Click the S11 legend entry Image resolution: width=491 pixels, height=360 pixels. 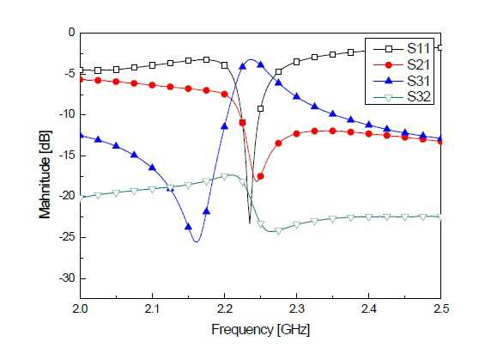coord(402,49)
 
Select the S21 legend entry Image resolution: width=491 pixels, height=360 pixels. coord(402,64)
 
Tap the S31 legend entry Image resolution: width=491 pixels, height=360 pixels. coord(402,81)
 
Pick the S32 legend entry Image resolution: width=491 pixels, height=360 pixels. coord(402,97)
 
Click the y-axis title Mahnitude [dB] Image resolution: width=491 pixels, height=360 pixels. coord(45,174)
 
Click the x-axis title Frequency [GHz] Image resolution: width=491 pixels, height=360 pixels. coord(261,330)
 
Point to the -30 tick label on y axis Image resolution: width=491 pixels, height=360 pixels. coord(67,278)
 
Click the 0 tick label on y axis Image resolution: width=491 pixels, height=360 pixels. coord(72,33)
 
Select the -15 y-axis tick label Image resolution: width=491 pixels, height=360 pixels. coord(67,156)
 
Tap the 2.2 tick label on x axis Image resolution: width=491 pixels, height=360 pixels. coord(224,309)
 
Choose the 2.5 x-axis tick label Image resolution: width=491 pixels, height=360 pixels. coord(440,309)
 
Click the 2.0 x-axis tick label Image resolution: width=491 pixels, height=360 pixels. coord(81,309)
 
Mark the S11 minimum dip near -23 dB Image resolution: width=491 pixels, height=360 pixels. coord(250,223)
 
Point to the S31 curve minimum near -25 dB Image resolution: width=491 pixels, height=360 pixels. coord(197,241)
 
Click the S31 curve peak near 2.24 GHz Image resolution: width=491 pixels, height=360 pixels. coord(252,59)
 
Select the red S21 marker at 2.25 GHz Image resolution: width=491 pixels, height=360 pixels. coord(260,176)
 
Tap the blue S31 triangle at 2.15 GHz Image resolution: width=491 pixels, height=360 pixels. coord(188,227)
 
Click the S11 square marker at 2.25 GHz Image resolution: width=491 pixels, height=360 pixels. coord(261,109)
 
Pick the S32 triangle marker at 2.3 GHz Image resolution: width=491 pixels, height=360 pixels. coord(296,225)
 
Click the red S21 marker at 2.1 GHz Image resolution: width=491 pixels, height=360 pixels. coord(152,85)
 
